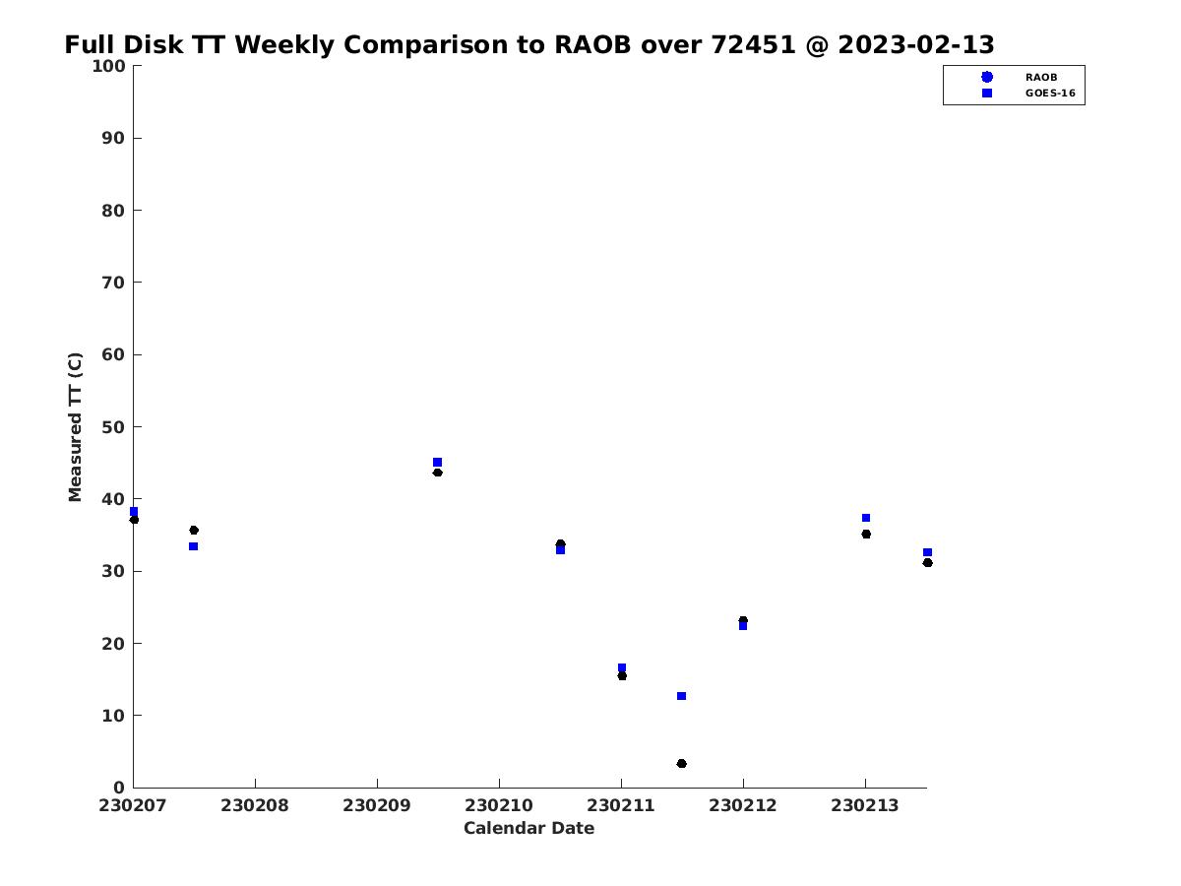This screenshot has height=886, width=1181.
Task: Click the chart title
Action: tap(528, 44)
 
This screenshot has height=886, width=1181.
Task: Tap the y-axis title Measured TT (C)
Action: tap(75, 426)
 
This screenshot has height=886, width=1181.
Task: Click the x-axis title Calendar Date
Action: tap(528, 828)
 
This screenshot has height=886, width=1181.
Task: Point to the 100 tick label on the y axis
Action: tap(108, 66)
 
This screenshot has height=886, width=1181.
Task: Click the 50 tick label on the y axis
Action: tap(113, 427)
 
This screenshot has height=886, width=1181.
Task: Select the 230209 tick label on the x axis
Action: tap(377, 805)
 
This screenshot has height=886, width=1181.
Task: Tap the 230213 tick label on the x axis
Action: tap(865, 805)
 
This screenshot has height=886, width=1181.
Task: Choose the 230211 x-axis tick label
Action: tap(620, 805)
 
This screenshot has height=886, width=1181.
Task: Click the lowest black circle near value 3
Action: tap(681, 763)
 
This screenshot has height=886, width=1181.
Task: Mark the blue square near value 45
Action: tap(437, 462)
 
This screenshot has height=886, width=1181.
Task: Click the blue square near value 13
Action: tap(681, 696)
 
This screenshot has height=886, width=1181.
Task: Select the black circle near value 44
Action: tap(437, 473)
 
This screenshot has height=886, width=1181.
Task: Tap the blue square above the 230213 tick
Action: tap(866, 518)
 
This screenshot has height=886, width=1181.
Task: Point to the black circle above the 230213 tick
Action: tap(866, 535)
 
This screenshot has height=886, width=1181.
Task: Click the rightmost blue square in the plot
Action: tap(927, 552)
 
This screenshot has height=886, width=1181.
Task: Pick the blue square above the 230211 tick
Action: tap(622, 667)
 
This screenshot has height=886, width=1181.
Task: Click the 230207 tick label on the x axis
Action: tap(132, 805)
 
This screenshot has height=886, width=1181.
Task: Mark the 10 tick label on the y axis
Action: tap(113, 716)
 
